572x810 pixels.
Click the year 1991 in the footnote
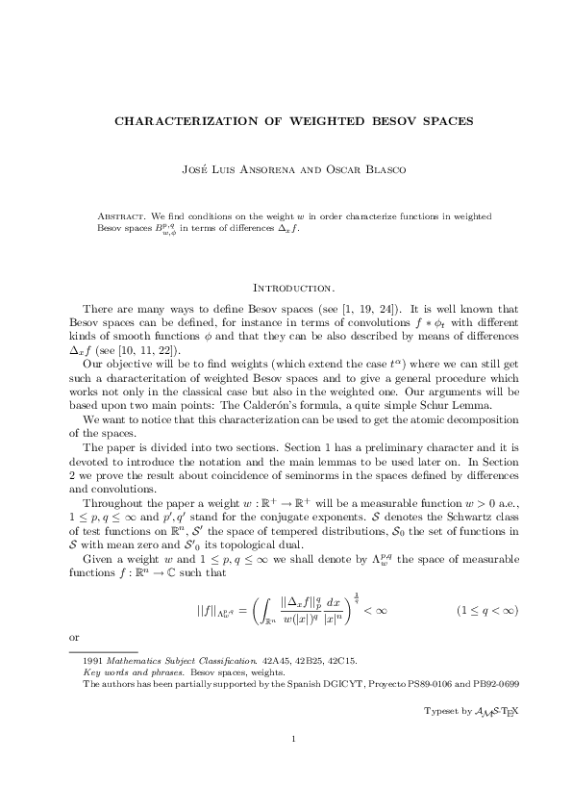(x=93, y=663)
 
